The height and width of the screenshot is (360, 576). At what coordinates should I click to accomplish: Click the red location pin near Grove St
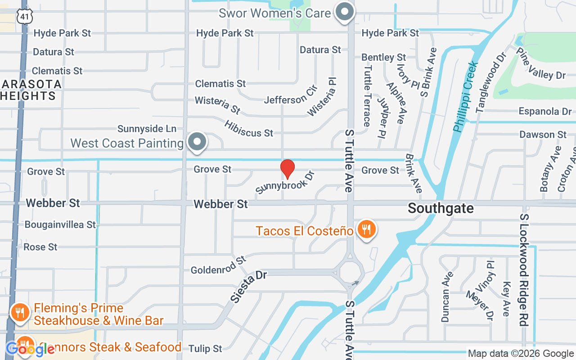pos(287,169)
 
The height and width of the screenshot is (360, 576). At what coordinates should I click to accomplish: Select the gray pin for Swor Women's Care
pos(345,13)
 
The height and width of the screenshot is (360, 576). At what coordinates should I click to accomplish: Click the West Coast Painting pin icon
pos(197,142)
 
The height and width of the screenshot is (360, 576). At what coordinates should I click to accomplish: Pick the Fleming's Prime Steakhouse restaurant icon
pos(20,311)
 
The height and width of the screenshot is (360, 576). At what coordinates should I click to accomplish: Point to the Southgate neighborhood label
pos(441,208)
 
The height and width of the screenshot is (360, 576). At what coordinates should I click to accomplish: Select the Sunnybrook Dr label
pos(284,182)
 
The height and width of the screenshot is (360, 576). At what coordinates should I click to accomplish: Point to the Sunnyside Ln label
pos(147,129)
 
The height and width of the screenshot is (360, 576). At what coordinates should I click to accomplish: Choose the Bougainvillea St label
pos(60,224)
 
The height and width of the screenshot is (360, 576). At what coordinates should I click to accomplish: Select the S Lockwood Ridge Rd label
pos(524,270)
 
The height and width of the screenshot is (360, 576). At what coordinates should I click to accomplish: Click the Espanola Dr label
pos(545,111)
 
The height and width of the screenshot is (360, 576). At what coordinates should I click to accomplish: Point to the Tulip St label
pos(205,349)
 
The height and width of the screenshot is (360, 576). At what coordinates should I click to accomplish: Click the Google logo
pos(30,349)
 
